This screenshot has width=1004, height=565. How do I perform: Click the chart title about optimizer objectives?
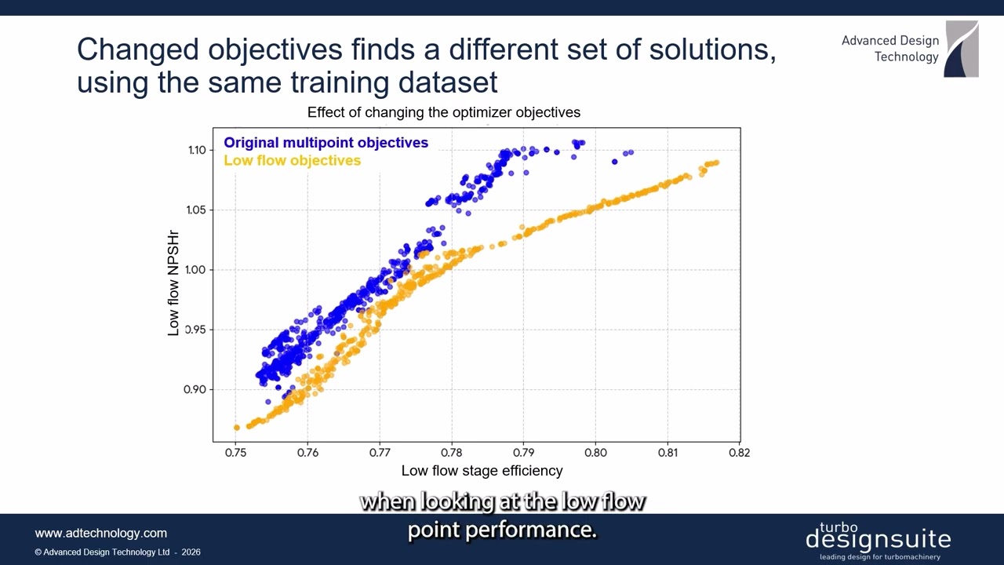point(443,112)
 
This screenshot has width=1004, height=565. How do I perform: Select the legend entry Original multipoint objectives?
point(326,143)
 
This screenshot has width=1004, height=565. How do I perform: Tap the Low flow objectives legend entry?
point(292,160)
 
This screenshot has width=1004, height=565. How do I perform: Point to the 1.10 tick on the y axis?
point(197,150)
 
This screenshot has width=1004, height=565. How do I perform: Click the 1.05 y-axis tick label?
point(197,210)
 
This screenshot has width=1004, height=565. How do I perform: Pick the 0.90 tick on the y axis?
point(197,389)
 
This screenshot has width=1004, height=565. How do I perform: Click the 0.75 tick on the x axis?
point(236,452)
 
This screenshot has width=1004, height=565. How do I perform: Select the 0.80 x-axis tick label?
point(595,452)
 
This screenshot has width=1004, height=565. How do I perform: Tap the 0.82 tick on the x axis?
point(739,452)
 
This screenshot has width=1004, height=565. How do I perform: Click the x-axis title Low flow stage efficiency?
point(482,471)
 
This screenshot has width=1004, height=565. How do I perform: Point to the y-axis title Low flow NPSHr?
point(173,283)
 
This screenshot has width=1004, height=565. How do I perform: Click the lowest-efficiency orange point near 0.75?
point(236,428)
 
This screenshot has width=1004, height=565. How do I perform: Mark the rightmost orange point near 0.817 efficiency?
point(716,162)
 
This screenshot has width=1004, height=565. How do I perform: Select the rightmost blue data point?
point(631,152)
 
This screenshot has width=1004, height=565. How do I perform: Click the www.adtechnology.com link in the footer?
point(101,533)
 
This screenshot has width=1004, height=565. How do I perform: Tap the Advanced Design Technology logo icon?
point(961,49)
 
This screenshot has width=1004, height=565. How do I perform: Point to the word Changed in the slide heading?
point(138,49)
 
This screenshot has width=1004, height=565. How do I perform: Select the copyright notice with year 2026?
point(118,552)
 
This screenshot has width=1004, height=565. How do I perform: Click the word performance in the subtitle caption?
point(529,530)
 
